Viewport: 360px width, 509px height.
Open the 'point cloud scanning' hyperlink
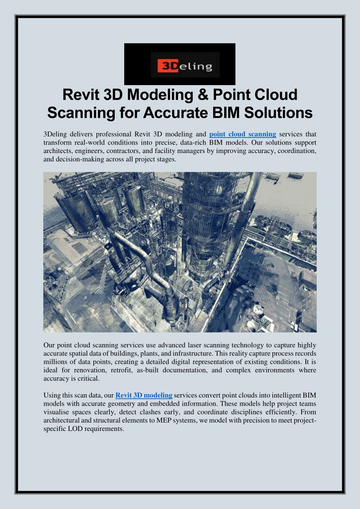pos(242,134)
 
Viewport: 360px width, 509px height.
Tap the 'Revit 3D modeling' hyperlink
pos(144,395)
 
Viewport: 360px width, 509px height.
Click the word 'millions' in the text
pos(55,362)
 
